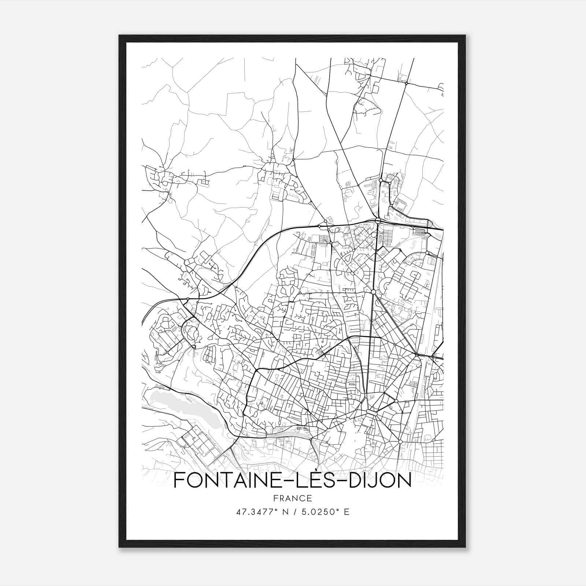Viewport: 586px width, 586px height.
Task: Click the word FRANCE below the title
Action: click(x=292, y=498)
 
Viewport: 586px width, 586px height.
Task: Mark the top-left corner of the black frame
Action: click(x=119, y=36)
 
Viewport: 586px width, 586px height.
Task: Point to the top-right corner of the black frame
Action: click(x=465, y=36)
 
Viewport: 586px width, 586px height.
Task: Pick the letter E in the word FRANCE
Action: click(x=310, y=498)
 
